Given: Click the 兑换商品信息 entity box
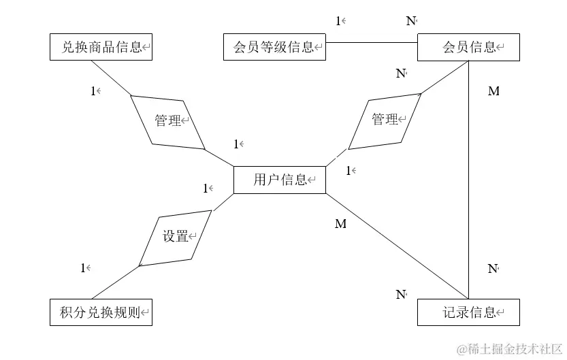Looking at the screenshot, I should tap(101, 48).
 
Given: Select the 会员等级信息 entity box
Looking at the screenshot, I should tap(274, 48).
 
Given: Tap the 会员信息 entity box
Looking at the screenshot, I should tap(468, 48).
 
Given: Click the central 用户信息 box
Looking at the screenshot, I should tap(279, 180).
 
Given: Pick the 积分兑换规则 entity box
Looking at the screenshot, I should tap(101, 312).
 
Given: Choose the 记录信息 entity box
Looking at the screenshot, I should tap(468, 312).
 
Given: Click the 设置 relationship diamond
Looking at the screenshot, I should tap(175, 238).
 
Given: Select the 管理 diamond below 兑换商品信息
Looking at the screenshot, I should tap(167, 121).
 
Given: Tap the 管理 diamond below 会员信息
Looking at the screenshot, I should tap(385, 120).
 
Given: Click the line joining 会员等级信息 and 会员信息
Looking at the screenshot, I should tap(371, 42).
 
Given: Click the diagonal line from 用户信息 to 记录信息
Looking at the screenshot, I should tap(395, 246).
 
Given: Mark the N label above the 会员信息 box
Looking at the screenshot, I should tap(411, 21).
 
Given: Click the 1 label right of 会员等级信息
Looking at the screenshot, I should tap(338, 21).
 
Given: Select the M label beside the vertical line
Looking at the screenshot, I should tap(493, 91).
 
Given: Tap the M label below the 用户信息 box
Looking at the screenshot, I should tap(340, 224).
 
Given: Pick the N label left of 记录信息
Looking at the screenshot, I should tap(401, 295).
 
